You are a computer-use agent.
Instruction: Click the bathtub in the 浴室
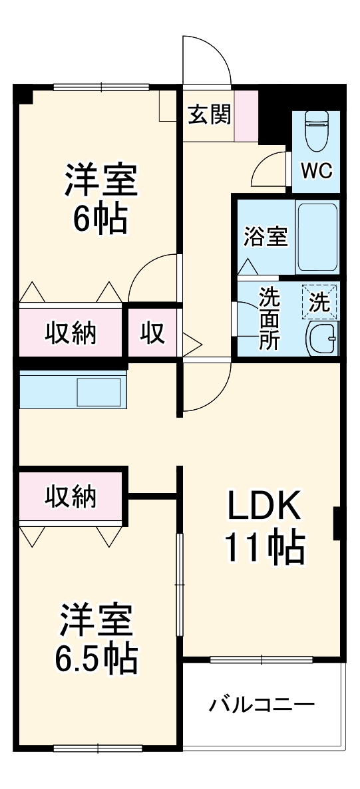317,236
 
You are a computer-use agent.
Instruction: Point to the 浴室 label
265,237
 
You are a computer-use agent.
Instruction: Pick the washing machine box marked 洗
321,303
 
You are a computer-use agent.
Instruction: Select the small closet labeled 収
152,332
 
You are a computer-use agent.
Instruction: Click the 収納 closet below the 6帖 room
70,332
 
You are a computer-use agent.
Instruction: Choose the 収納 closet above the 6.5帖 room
70,496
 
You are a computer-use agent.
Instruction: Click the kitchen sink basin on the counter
98,393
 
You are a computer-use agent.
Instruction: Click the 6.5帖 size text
98,659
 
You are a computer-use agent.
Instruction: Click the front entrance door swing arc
212,57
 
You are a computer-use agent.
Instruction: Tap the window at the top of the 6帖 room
101,86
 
